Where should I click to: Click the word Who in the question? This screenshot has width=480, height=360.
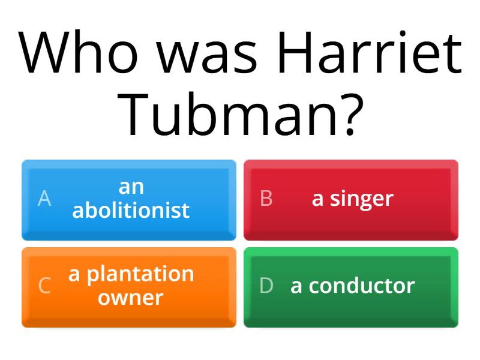pyautogui.click(x=78, y=52)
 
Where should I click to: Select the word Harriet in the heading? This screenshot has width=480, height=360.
pyautogui.click(x=370, y=52)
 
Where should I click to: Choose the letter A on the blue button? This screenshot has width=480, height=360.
pyautogui.click(x=44, y=199)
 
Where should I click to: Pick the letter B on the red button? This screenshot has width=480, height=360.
pyautogui.click(x=266, y=199)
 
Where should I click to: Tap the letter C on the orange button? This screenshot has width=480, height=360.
pyautogui.click(x=44, y=286)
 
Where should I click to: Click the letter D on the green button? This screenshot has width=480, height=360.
pyautogui.click(x=266, y=286)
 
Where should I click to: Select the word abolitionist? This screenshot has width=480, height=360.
pyautogui.click(x=131, y=210)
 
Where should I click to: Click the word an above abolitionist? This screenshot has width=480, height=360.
pyautogui.click(x=131, y=187)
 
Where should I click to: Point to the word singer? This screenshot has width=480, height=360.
pyautogui.click(x=362, y=199)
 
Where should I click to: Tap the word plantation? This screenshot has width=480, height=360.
pyautogui.click(x=140, y=275)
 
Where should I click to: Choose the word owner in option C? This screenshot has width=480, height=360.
pyautogui.click(x=131, y=298)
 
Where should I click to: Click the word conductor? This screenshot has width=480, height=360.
pyautogui.click(x=362, y=286)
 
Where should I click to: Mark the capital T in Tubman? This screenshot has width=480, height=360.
pyautogui.click(x=133, y=113)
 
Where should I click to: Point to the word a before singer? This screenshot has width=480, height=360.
pyautogui.click(x=317, y=200)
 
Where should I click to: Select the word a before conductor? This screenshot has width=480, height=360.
pyautogui.click(x=296, y=287)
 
